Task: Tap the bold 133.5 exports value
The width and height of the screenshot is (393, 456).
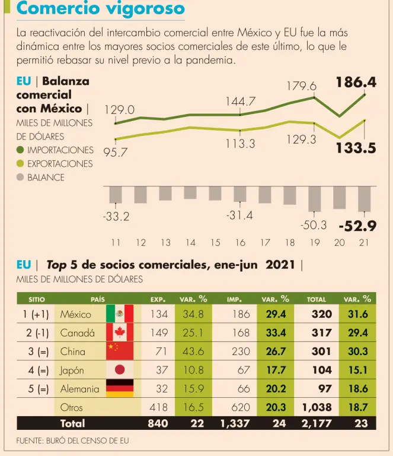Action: pyautogui.click(x=356, y=148)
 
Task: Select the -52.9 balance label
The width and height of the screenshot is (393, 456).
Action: pyautogui.click(x=358, y=226)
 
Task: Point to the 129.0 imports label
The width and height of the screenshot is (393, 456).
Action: pyautogui.click(x=119, y=110)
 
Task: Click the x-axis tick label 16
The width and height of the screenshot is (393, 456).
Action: pyautogui.click(x=240, y=242)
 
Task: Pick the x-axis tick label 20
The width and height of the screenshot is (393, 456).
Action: pyautogui.click(x=340, y=242)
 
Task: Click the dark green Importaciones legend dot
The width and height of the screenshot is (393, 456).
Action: pyautogui.click(x=20, y=150)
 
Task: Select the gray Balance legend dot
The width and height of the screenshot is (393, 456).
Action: pyautogui.click(x=20, y=178)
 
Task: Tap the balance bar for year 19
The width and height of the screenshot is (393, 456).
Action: pyautogui.click(x=314, y=199)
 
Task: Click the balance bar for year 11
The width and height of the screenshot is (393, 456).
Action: pyautogui.click(x=116, y=195)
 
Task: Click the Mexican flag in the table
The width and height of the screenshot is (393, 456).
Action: pyautogui.click(x=119, y=313)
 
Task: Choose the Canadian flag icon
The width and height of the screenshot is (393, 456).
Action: pyautogui.click(x=119, y=332)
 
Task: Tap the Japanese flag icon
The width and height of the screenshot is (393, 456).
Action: pyautogui.click(x=119, y=370)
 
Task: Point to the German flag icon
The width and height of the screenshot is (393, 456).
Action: pyautogui.click(x=119, y=389)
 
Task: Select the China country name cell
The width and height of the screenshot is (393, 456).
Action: pyautogui.click(x=72, y=351)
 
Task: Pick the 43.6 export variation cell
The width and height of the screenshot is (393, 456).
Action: pyautogui.click(x=193, y=351)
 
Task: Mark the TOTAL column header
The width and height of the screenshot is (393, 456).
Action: pyautogui.click(x=317, y=299)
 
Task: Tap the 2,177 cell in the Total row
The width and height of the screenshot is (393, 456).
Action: pyautogui.click(x=314, y=423)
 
